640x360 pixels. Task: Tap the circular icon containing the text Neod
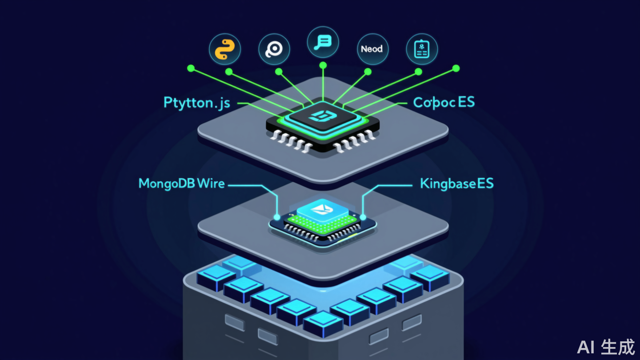[372, 49]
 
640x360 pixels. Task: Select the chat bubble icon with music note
[323, 43]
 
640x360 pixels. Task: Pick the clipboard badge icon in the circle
[422, 49]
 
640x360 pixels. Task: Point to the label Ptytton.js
[197, 103]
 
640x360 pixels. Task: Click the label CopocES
[444, 102]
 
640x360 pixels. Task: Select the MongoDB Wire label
[182, 183]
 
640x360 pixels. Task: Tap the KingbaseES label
[456, 183]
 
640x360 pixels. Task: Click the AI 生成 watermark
[606, 347]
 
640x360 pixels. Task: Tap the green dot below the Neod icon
[368, 71]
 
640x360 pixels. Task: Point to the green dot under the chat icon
[323, 65]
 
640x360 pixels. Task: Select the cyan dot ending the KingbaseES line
[363, 217]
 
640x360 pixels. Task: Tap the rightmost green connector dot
[456, 68]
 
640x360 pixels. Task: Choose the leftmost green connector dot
[191, 68]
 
